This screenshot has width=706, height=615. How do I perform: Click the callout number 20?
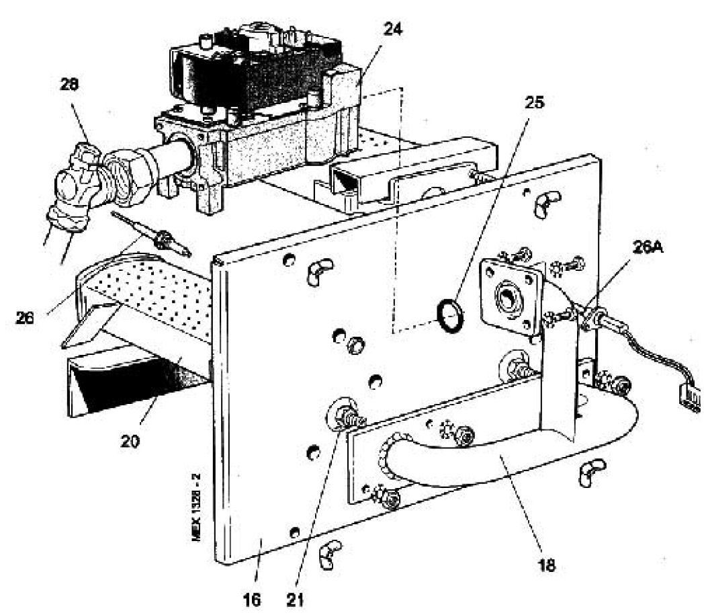point(135,444)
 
